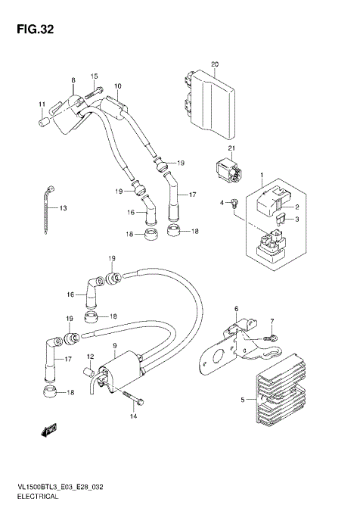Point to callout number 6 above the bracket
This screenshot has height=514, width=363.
point(236,309)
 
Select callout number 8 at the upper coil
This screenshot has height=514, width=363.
point(73,80)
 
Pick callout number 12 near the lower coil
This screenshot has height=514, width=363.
point(89,356)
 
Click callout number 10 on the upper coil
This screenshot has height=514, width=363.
point(118,87)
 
